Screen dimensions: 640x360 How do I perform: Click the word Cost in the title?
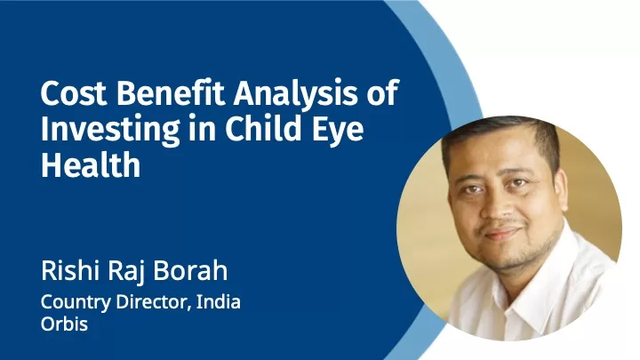[74, 93]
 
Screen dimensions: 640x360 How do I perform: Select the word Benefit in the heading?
[171, 92]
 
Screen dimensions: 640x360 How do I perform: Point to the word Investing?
[110, 130]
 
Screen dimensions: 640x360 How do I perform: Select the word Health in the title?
[91, 164]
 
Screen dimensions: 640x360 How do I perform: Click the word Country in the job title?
[76, 302]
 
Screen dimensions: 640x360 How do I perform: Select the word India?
[219, 301]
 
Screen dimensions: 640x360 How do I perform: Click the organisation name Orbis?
[64, 324]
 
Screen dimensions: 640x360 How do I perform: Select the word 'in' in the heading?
[202, 128]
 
